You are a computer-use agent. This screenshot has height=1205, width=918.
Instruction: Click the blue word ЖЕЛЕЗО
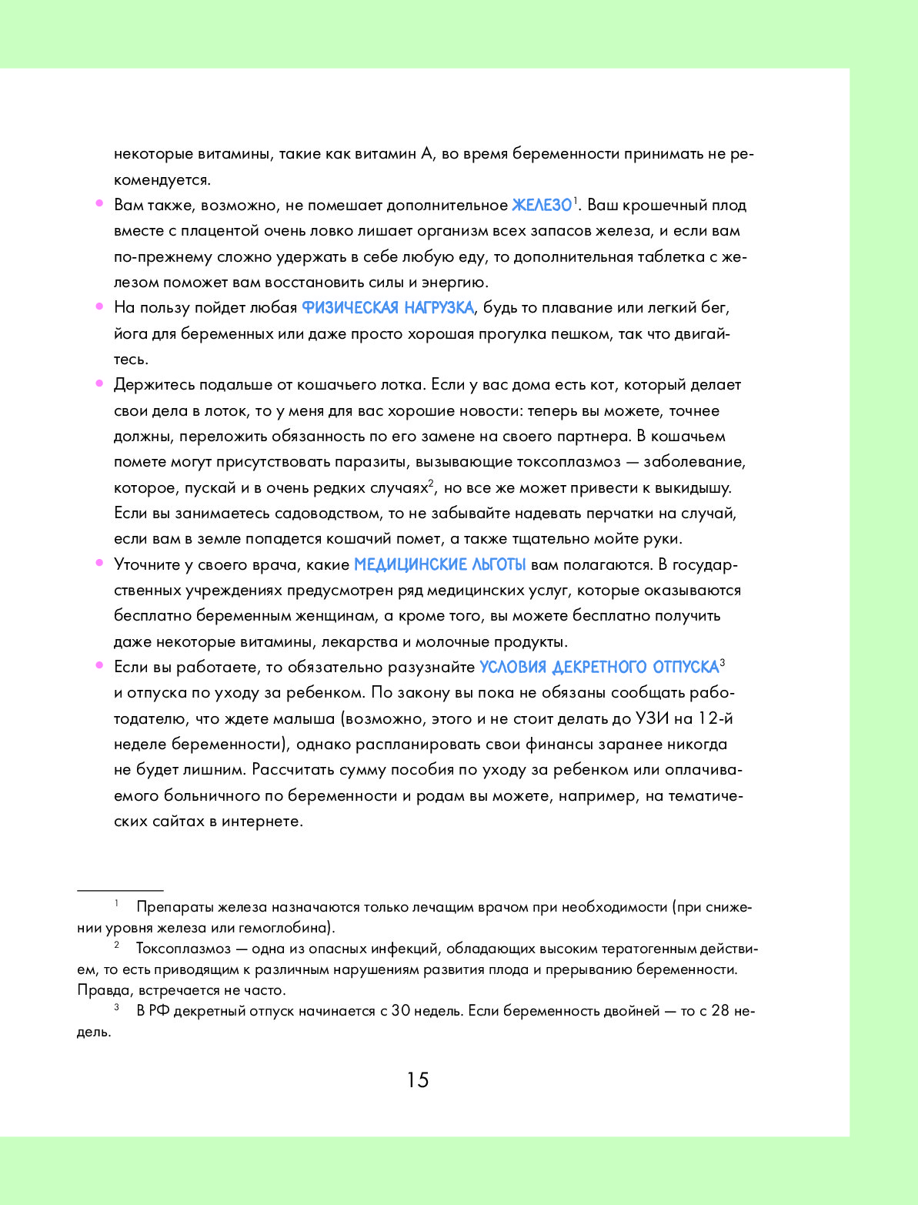pyautogui.click(x=542, y=206)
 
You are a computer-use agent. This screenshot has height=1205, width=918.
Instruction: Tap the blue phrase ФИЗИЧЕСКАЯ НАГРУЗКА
pyautogui.click(x=387, y=308)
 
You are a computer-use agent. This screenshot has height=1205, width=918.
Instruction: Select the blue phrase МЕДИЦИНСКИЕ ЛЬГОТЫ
pyautogui.click(x=439, y=565)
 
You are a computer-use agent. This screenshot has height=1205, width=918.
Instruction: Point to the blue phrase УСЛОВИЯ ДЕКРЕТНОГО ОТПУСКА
pyautogui.click(x=599, y=668)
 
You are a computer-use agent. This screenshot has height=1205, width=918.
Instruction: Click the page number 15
pyautogui.click(x=418, y=1080)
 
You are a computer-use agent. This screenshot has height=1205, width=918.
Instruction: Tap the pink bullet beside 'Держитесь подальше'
pyautogui.click(x=99, y=383)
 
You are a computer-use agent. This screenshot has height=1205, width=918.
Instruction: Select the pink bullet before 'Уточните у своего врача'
pyautogui.click(x=99, y=563)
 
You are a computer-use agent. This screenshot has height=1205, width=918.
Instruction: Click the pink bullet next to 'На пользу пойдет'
pyautogui.click(x=99, y=306)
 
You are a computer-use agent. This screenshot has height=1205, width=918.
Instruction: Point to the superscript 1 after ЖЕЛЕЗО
pyautogui.click(x=575, y=199)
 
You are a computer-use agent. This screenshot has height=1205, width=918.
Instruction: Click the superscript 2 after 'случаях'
pyautogui.click(x=432, y=483)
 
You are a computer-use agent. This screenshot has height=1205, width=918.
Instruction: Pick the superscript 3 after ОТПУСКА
pyautogui.click(x=723, y=662)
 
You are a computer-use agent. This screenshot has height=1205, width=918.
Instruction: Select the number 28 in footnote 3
pyautogui.click(x=720, y=1010)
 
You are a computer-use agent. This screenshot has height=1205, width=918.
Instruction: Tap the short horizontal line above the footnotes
pyautogui.click(x=120, y=890)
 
